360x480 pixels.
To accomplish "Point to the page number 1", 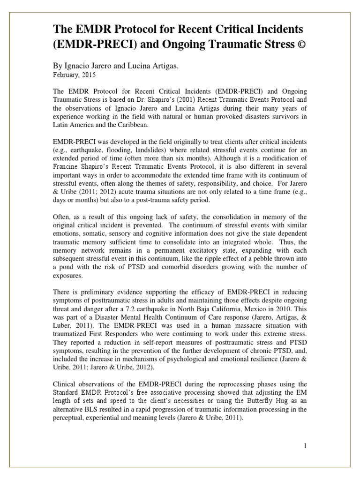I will tap(305, 446).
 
